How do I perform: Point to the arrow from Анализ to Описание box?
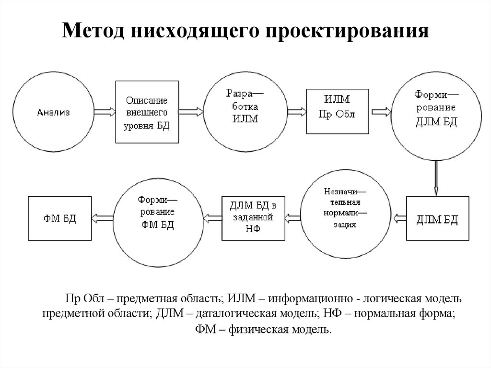coord(105,112)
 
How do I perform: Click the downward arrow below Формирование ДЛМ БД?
coord(436,178)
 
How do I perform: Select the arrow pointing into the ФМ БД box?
coord(102,218)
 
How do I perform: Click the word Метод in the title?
coord(94,31)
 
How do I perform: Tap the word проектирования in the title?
coord(347,31)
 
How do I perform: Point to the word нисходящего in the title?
coord(195,31)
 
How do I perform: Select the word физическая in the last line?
coord(258,330)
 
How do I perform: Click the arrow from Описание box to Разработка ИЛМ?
coord(191,112)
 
